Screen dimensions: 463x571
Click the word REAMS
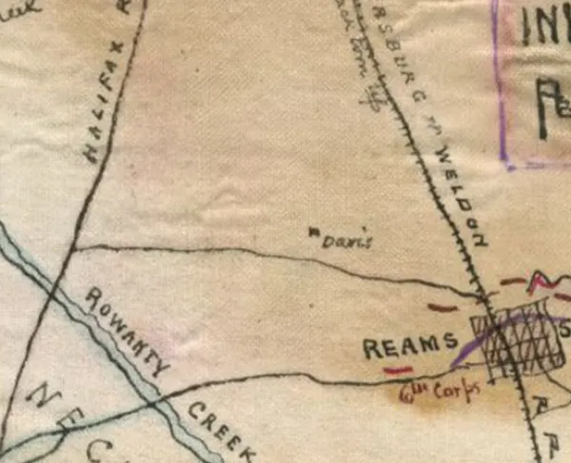411,348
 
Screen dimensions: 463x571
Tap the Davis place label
342,241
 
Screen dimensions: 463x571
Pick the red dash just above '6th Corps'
398,369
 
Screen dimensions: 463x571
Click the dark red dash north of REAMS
443,307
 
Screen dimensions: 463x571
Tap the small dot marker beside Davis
313,230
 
